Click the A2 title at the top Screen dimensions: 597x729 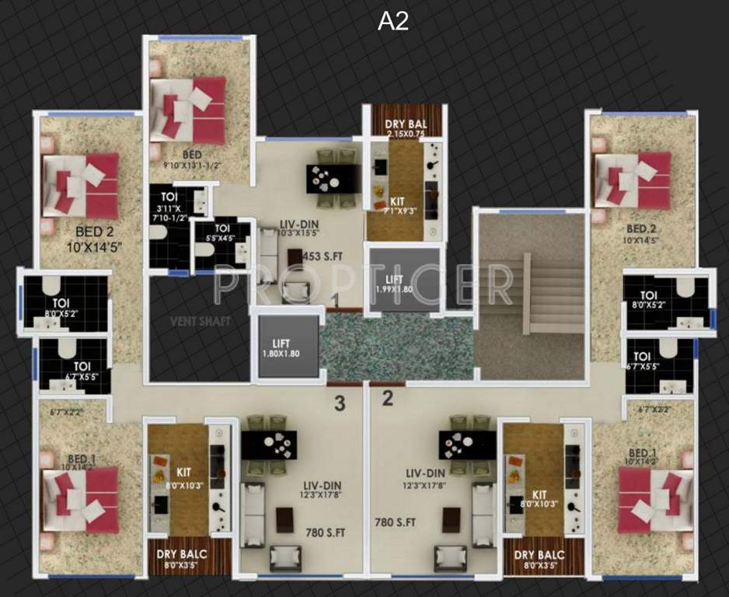coord(392,22)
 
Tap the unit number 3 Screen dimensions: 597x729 coord(339,403)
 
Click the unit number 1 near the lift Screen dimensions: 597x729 coord(334,299)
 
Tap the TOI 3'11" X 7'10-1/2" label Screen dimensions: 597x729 coord(169,207)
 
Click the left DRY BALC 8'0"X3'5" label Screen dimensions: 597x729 coord(180,558)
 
